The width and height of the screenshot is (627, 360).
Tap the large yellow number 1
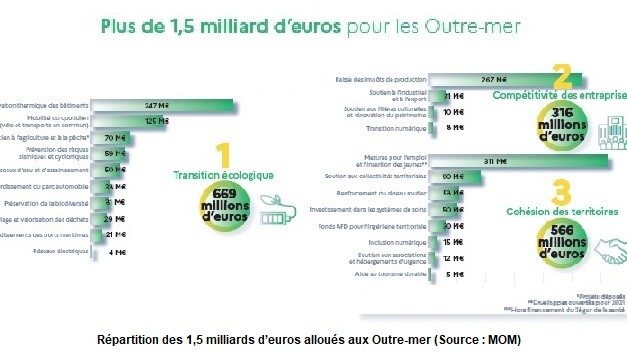(223, 157)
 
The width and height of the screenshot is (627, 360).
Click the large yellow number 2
(562, 77)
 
